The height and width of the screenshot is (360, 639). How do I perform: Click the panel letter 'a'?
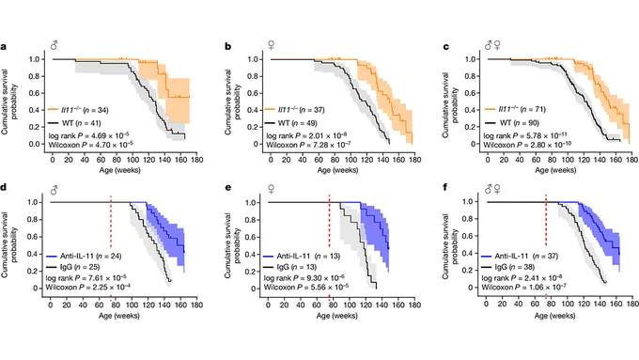coord(3,46)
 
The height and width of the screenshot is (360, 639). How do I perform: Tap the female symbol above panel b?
coord(271,45)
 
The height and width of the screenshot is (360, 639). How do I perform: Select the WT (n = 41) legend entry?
coord(74,123)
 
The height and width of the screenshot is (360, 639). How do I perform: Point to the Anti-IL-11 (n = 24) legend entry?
coord(84,256)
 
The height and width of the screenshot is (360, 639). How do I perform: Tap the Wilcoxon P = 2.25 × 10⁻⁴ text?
coord(88,288)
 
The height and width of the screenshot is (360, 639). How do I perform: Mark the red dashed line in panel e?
coord(329,221)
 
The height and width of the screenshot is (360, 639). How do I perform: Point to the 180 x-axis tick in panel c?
coord(631,160)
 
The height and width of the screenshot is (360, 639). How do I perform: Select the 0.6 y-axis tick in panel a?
coord(34,93)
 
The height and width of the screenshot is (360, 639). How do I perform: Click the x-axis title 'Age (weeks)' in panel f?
coord(554,316)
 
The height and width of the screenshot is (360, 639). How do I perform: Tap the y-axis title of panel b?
coord(232,102)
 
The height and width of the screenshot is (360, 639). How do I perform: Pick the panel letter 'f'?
coord(445,187)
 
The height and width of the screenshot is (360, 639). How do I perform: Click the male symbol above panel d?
coord(54,191)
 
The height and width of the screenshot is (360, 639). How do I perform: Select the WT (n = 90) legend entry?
coord(512,123)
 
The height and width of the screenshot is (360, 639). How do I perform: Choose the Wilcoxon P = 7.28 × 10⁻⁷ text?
coord(308,145)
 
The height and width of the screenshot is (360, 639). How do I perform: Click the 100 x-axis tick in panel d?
coord(132,305)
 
